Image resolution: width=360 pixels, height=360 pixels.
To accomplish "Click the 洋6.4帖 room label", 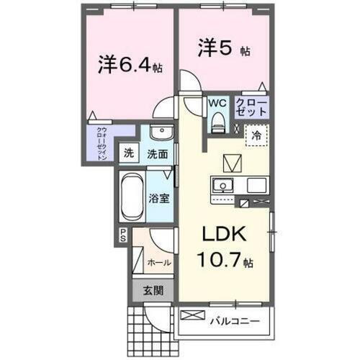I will click(130, 64).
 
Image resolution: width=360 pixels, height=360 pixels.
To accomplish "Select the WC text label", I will click(217, 103).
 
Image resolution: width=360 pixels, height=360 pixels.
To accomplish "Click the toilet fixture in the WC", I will click(217, 125).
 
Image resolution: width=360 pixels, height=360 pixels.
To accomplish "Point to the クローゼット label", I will click(251, 109).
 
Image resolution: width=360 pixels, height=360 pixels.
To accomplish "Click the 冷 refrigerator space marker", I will click(256, 135).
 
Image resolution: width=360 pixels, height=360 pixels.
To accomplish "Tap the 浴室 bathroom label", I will click(160, 197).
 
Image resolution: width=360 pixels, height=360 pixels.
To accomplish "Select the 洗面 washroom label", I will click(158, 153).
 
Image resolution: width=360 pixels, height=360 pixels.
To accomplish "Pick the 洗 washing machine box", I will click(128, 153).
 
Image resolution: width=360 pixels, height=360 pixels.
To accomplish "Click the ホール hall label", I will click(159, 262).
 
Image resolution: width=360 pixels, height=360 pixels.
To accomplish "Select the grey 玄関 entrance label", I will click(151, 291).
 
